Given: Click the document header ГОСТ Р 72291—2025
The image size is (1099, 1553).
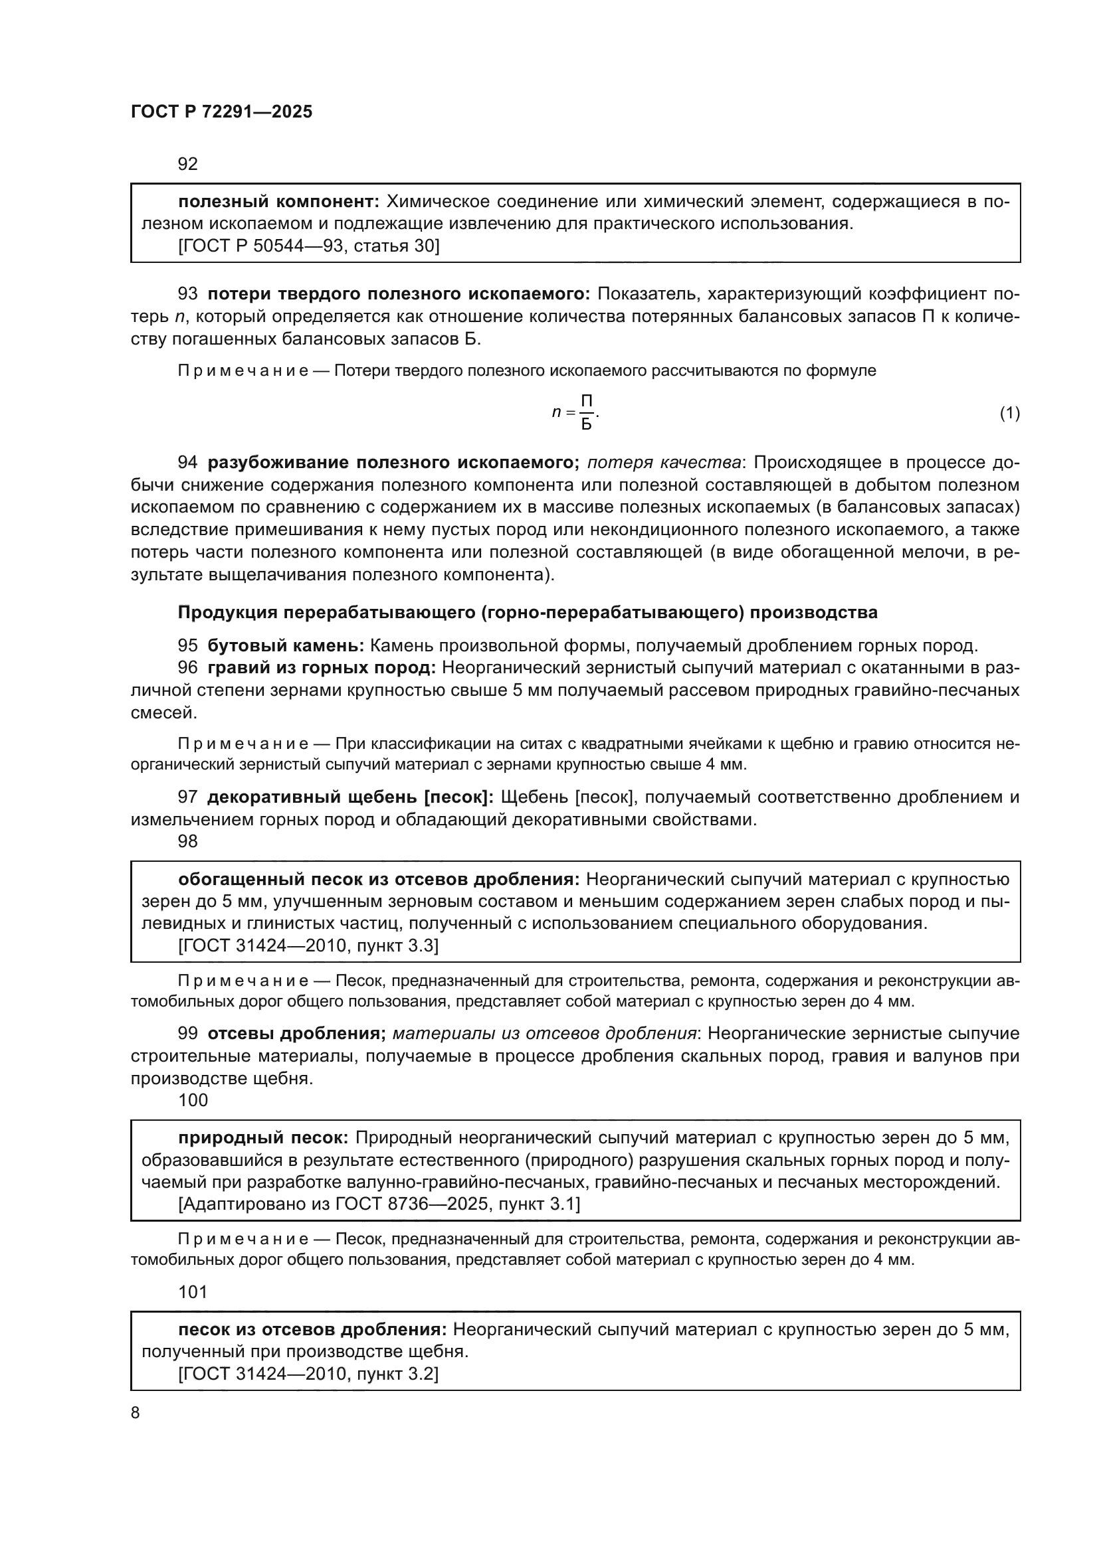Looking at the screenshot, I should point(221,112).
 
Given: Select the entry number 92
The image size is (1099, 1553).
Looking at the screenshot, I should point(187,165).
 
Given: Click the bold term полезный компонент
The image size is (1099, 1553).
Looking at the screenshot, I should point(280,202).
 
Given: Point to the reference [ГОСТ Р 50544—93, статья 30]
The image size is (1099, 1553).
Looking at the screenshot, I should point(308,246).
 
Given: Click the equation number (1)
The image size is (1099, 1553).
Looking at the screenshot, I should point(1009,413).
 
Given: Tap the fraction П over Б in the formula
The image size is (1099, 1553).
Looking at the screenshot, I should point(587,413).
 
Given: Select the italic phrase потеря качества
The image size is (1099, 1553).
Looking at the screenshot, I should point(663,463).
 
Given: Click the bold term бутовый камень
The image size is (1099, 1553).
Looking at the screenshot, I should point(286,645).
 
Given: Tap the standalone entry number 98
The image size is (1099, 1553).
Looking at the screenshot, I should point(187,841).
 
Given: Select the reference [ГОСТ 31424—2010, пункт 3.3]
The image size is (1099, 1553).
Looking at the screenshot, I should point(308,945).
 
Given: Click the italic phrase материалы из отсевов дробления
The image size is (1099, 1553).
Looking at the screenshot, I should point(544,1034).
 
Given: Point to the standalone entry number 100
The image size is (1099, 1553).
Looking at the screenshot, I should point(193,1100).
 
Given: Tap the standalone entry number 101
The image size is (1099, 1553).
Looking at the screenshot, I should point(193,1292).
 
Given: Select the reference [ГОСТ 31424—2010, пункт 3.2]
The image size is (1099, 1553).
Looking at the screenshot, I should point(308,1374).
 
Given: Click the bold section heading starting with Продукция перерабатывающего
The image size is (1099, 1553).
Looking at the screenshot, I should point(527,613).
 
